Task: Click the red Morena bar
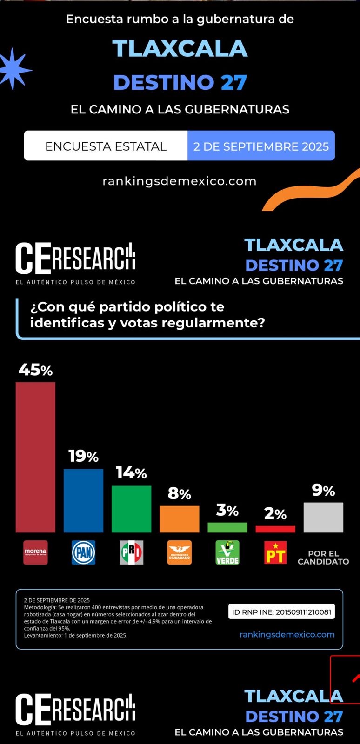[x=35, y=457]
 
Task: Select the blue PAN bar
[x=83, y=500]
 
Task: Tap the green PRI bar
[x=131, y=509]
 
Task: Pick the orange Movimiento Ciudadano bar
[x=179, y=519]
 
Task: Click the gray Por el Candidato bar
[x=323, y=517]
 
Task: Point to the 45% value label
[x=35, y=370]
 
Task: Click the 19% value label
[x=83, y=456]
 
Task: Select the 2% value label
[x=275, y=514]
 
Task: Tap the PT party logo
[x=275, y=552]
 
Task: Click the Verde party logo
[x=227, y=552]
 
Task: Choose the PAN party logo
[x=83, y=552]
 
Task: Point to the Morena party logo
[x=35, y=552]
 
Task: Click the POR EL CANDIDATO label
[x=323, y=558]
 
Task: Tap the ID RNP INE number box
[x=281, y=612]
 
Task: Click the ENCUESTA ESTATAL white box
[x=106, y=146]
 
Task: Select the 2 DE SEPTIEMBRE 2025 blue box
[x=261, y=146]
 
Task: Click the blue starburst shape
[x=14, y=69]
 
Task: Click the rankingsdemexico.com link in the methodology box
[x=287, y=634]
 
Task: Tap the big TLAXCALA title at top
[x=180, y=49]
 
